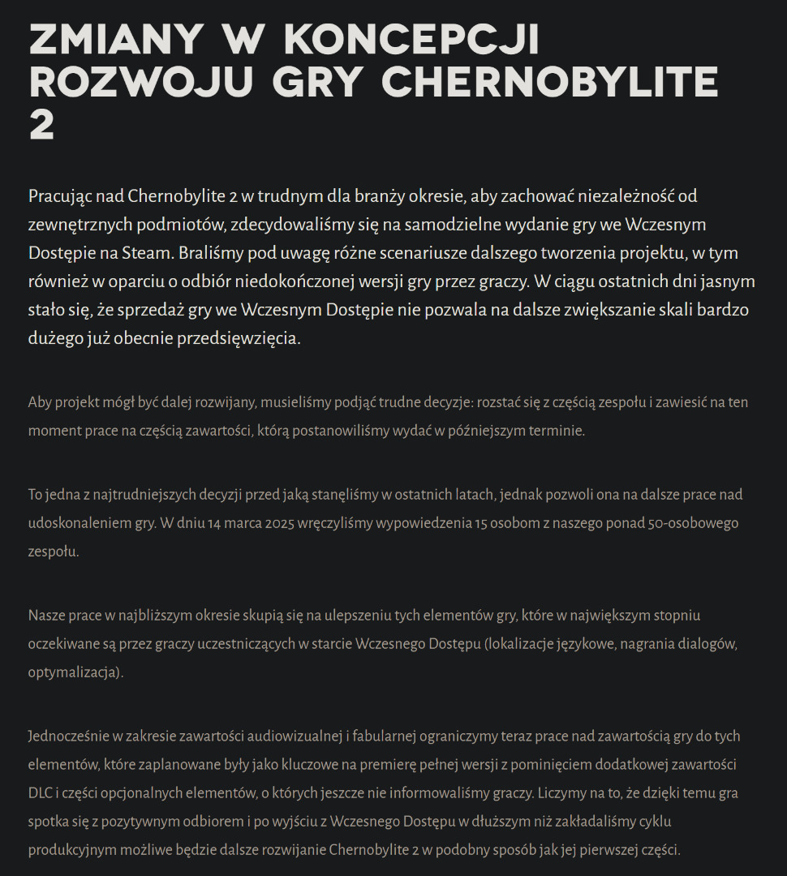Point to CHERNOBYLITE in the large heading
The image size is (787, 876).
tap(550, 82)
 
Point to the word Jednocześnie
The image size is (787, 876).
tap(68, 736)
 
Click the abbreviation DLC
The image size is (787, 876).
tap(41, 793)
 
